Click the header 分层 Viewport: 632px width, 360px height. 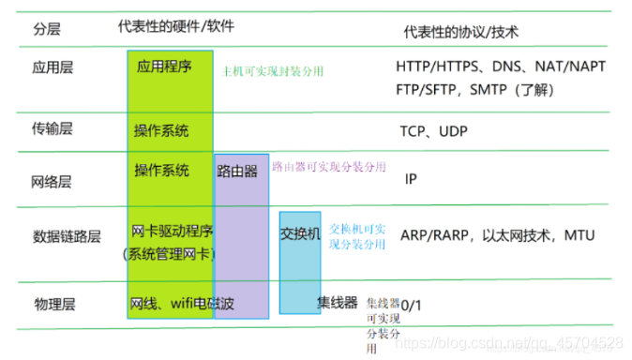[x=47, y=30]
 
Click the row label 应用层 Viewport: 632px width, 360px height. [x=52, y=68]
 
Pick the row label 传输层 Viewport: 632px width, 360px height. [x=52, y=128]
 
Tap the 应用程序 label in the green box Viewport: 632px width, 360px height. [x=164, y=67]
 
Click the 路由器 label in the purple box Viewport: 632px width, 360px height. [x=237, y=172]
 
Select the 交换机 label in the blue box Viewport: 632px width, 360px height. [x=301, y=233]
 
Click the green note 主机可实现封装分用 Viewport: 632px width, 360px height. [x=272, y=70]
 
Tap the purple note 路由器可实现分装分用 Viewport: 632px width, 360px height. [x=328, y=165]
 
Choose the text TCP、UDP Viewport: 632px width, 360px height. [x=434, y=130]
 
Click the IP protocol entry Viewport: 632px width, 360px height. [x=411, y=178]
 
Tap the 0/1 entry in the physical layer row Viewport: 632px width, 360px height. [x=412, y=305]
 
